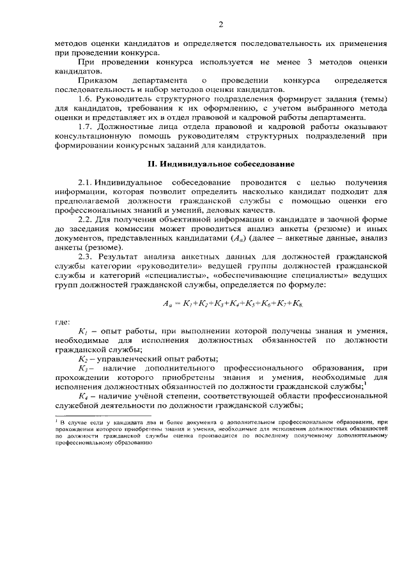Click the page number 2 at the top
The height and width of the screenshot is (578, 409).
click(220, 25)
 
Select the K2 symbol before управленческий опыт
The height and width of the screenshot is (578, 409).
click(82, 358)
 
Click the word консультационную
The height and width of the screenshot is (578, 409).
click(91, 137)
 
